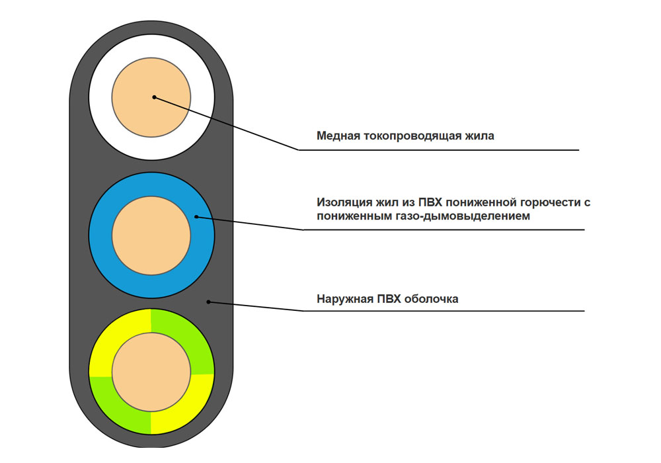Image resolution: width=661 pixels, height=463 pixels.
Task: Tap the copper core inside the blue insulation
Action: (151, 238)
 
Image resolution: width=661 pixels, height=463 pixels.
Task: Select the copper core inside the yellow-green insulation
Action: (151, 372)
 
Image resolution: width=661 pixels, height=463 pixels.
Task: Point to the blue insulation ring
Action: (151, 186)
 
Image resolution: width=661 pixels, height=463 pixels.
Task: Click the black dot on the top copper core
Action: (154, 97)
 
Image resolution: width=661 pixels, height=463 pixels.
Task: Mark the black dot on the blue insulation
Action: (196, 216)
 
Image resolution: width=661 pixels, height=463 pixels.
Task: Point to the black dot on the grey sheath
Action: (209, 302)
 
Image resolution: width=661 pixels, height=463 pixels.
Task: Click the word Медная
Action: (338, 136)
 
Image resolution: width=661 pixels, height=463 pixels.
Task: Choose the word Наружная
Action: (344, 299)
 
